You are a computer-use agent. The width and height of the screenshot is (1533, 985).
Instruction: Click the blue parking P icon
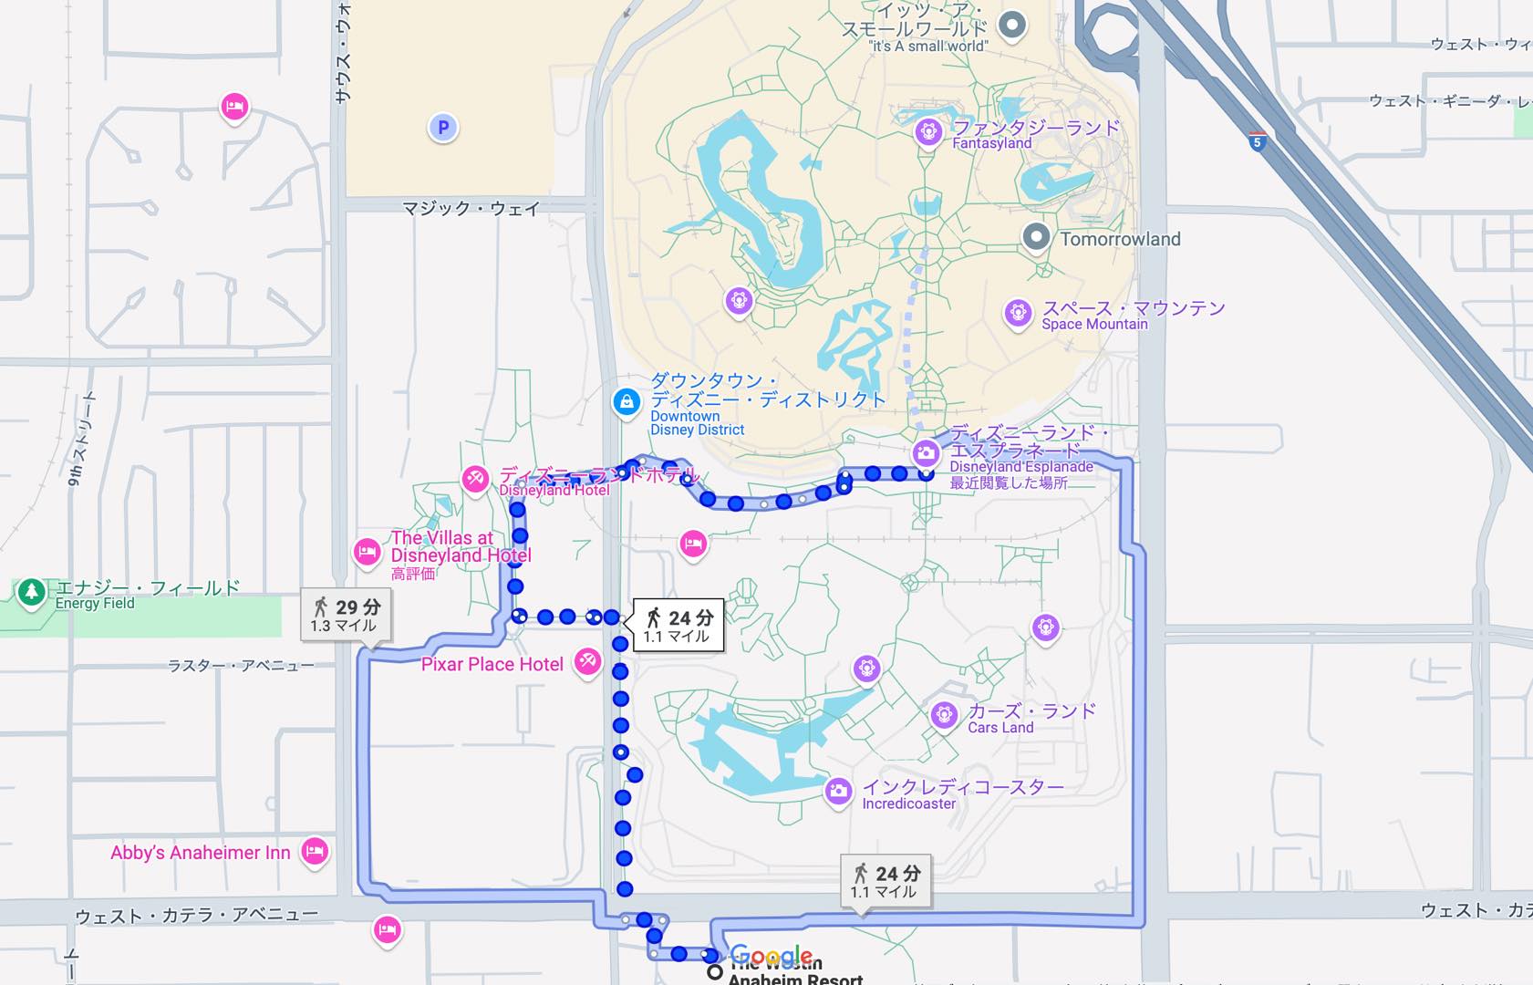[x=443, y=128]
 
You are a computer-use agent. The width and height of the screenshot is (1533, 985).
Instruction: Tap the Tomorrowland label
[x=1120, y=239]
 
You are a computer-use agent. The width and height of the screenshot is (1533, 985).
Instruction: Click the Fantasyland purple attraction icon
[x=928, y=131]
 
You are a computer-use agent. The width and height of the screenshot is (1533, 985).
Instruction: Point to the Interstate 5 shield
[x=1258, y=142]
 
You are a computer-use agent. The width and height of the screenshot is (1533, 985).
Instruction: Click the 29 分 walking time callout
[x=347, y=616]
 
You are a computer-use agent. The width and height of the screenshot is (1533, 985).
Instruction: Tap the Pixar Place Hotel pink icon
[x=588, y=662]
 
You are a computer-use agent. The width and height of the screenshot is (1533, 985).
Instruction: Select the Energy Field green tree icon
[x=32, y=593]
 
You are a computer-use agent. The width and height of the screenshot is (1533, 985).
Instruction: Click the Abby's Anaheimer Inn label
[x=201, y=853]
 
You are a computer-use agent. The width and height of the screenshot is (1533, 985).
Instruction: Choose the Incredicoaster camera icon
[x=838, y=791]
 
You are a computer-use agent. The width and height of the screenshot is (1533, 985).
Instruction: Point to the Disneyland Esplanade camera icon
[x=927, y=452]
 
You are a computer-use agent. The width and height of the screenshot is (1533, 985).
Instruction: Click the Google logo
[x=772, y=956]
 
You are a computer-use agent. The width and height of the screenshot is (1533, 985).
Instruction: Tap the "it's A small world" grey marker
[x=1011, y=25]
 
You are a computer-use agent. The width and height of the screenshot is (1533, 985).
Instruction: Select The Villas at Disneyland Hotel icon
[x=368, y=552]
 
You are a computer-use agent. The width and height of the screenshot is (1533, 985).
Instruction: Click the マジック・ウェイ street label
[x=471, y=209]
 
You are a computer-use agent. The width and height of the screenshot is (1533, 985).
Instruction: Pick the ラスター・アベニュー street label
[x=241, y=666]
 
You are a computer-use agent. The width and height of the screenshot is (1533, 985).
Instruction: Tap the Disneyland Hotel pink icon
[x=475, y=479]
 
